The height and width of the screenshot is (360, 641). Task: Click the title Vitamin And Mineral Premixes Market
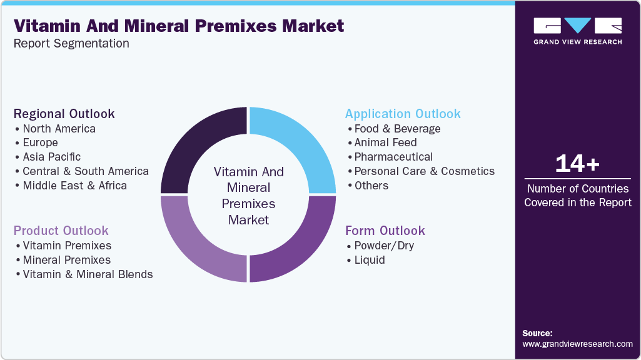(x=179, y=26)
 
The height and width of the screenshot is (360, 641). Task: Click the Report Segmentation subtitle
(x=71, y=44)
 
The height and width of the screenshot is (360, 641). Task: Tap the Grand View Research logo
(x=577, y=31)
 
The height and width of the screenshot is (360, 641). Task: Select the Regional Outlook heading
(x=64, y=114)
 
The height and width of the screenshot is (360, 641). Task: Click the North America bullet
(x=59, y=129)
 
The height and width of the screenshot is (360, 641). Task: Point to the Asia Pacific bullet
(x=51, y=157)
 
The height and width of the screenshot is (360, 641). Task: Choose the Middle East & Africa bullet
(x=74, y=186)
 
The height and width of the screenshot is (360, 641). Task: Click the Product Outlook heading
(x=61, y=231)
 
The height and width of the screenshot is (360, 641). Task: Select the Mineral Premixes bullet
(x=66, y=260)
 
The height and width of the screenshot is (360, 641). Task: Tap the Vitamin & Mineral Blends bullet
(x=88, y=274)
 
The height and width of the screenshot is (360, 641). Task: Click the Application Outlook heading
(x=403, y=114)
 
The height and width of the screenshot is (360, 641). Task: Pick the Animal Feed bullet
(x=385, y=142)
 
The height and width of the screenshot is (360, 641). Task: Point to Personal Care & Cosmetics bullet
(x=424, y=171)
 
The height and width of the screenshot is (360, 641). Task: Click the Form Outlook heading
(x=385, y=231)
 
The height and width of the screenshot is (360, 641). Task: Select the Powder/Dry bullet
(x=384, y=246)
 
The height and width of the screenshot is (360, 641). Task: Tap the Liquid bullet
(x=369, y=260)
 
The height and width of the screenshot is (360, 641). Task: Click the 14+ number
(x=577, y=164)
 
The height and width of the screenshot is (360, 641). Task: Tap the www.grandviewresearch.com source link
(x=577, y=344)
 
